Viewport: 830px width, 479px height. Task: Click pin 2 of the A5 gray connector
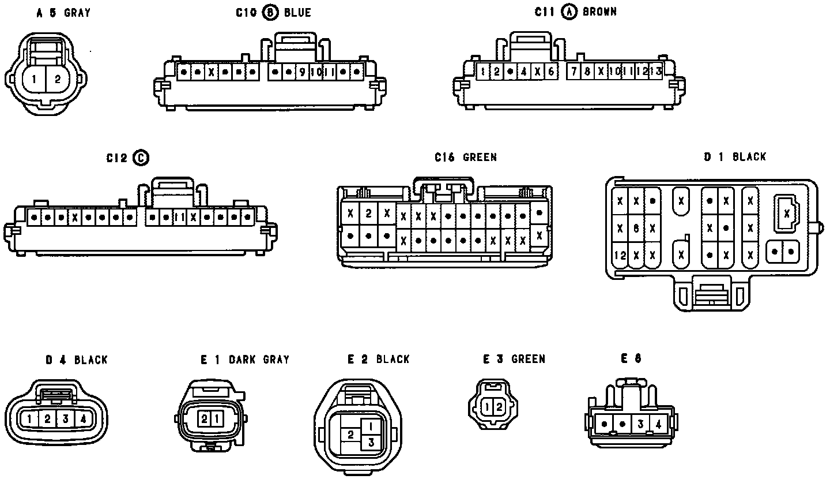pos(57,80)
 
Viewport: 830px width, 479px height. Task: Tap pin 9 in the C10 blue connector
pos(303,72)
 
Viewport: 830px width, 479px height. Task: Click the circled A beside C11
pos(569,12)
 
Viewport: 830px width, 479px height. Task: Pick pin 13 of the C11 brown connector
pos(655,72)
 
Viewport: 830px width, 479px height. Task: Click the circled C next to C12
pos(141,158)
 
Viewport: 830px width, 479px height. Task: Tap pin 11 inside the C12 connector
pos(179,218)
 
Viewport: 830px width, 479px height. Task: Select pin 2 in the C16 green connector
pos(368,214)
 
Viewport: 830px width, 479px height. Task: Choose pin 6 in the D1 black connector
pos(636,229)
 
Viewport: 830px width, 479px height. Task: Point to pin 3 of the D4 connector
pos(65,419)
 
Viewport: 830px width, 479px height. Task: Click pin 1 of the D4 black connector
pos(29,419)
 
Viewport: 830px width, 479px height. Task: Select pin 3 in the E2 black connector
pos(371,442)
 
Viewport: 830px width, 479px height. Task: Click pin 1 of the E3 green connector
pos(488,407)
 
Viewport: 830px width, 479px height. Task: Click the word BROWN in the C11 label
pos(599,12)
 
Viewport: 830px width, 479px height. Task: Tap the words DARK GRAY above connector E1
pos(259,360)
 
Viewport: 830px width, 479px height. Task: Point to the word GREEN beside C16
pos(480,157)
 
